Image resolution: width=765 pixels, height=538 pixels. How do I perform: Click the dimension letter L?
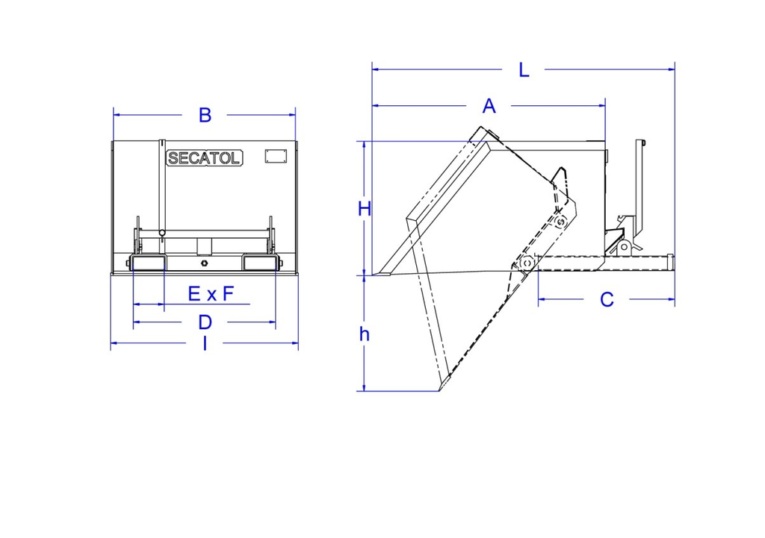click(524, 70)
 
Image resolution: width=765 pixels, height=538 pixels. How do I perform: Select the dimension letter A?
click(489, 106)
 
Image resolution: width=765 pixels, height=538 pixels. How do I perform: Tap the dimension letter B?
click(205, 116)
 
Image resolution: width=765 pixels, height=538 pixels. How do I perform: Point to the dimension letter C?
click(607, 300)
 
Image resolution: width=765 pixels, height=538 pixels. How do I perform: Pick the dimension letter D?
click(205, 322)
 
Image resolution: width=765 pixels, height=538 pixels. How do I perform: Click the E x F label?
click(211, 294)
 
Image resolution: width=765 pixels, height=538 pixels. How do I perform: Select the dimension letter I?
click(205, 343)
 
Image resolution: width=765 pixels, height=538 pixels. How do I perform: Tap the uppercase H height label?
click(365, 209)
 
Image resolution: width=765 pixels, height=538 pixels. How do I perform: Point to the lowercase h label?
click(364, 334)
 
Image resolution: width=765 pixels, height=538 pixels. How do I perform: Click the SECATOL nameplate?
click(204, 158)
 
